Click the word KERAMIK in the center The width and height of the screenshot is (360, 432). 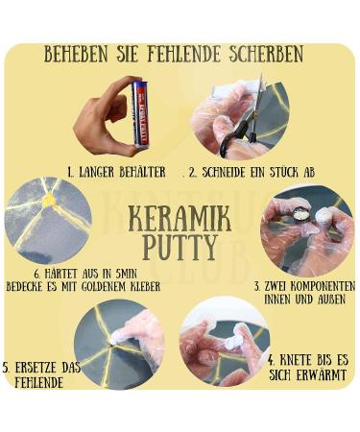[x=180, y=218]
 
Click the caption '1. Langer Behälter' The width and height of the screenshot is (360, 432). [x=116, y=172]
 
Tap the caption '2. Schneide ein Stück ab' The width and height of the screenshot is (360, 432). [x=252, y=172]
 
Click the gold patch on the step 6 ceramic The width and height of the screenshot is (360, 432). [x=49, y=201]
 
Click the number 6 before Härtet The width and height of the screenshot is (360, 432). [x=36, y=274]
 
